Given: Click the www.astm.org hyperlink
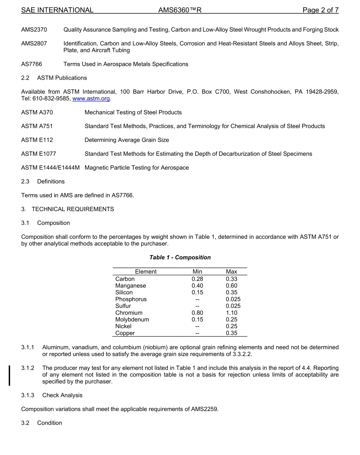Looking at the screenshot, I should pos(91,99).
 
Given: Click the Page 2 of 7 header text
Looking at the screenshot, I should pos(320,10).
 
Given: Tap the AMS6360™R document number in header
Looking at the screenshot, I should pos(180,10).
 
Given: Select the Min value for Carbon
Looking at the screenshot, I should pos(197,279).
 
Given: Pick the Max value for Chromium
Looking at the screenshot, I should pos(231,313).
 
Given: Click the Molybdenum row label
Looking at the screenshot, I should pos(132,320).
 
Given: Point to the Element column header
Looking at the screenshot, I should pos(146,271).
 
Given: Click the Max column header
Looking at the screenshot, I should pos(231,271).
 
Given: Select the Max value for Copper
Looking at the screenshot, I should pos(231,333).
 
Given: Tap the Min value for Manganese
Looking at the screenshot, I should pos(197,286).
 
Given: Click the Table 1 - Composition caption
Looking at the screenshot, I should pos(180,257).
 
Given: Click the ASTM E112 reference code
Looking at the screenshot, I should pos(37,140).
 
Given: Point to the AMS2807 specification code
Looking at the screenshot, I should pos(34,44).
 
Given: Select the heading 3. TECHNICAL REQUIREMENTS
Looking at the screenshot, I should pos(67,209).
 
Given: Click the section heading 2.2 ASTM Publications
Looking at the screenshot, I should pos(54,78).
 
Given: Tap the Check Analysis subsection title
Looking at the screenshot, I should pos(62,395).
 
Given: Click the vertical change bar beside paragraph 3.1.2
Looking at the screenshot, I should pos(9,375).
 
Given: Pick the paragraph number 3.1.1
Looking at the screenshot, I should pos(28,347).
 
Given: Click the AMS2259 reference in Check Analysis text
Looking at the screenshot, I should pos(205,409).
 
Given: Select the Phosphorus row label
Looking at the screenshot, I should pos(131,299).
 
